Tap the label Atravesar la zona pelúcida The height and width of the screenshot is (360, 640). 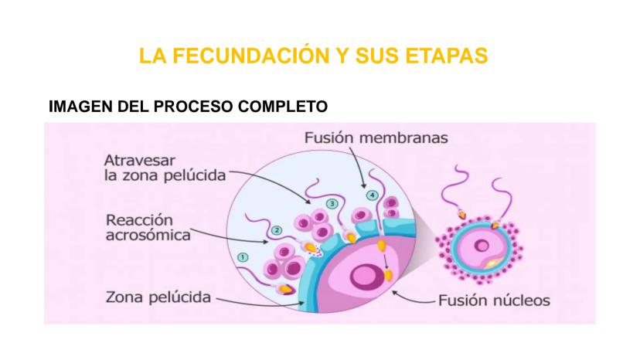coord(165,168)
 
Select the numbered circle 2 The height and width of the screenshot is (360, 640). coord(276,230)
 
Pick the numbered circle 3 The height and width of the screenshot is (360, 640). coord(332,203)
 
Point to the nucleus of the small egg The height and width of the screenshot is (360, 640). coord(482,246)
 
